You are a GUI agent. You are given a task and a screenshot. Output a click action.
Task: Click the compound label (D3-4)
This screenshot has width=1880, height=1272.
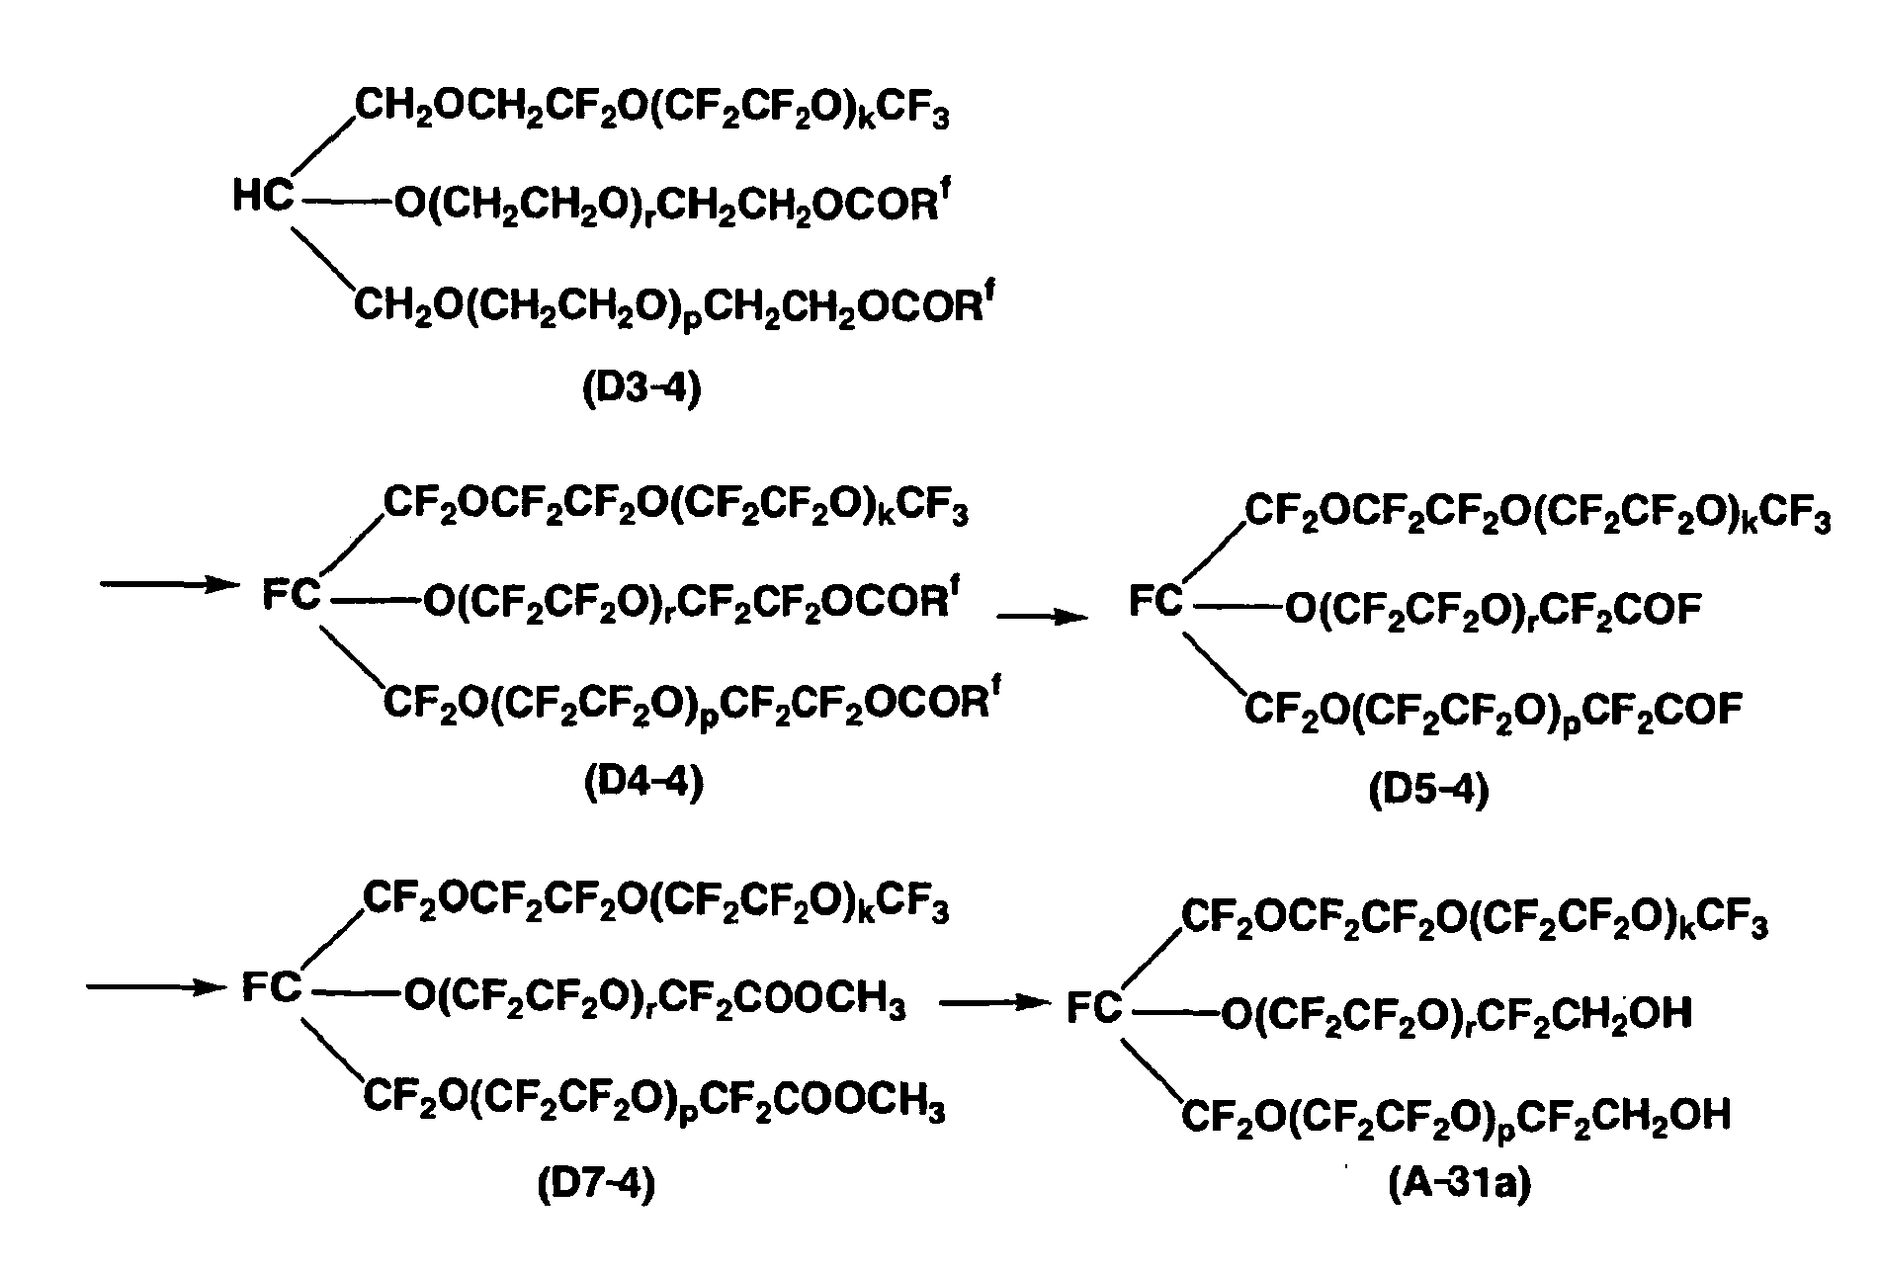point(641,388)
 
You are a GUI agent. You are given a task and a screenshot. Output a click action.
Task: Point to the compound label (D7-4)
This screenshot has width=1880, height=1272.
point(596,1183)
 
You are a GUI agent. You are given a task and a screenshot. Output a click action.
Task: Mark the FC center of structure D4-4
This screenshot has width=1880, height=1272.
point(293,595)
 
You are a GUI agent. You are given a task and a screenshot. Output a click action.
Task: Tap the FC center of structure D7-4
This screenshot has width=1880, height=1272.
point(272,987)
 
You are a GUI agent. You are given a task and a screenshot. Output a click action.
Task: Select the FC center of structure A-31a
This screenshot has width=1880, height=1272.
point(1095,1007)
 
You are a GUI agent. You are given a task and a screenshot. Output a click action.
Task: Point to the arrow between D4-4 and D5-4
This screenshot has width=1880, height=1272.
point(1043,618)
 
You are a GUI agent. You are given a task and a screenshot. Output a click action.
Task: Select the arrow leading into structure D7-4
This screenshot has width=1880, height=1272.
point(153,986)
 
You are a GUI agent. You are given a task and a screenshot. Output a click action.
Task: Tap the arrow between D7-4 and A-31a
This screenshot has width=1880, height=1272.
point(994,1003)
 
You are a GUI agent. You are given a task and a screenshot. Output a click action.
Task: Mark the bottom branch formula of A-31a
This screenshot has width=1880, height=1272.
point(1457,1117)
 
